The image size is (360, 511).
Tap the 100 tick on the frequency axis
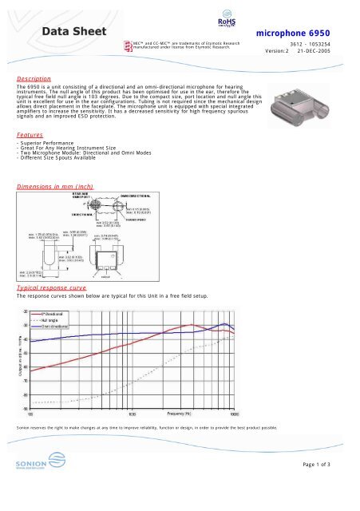(x=30, y=414)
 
